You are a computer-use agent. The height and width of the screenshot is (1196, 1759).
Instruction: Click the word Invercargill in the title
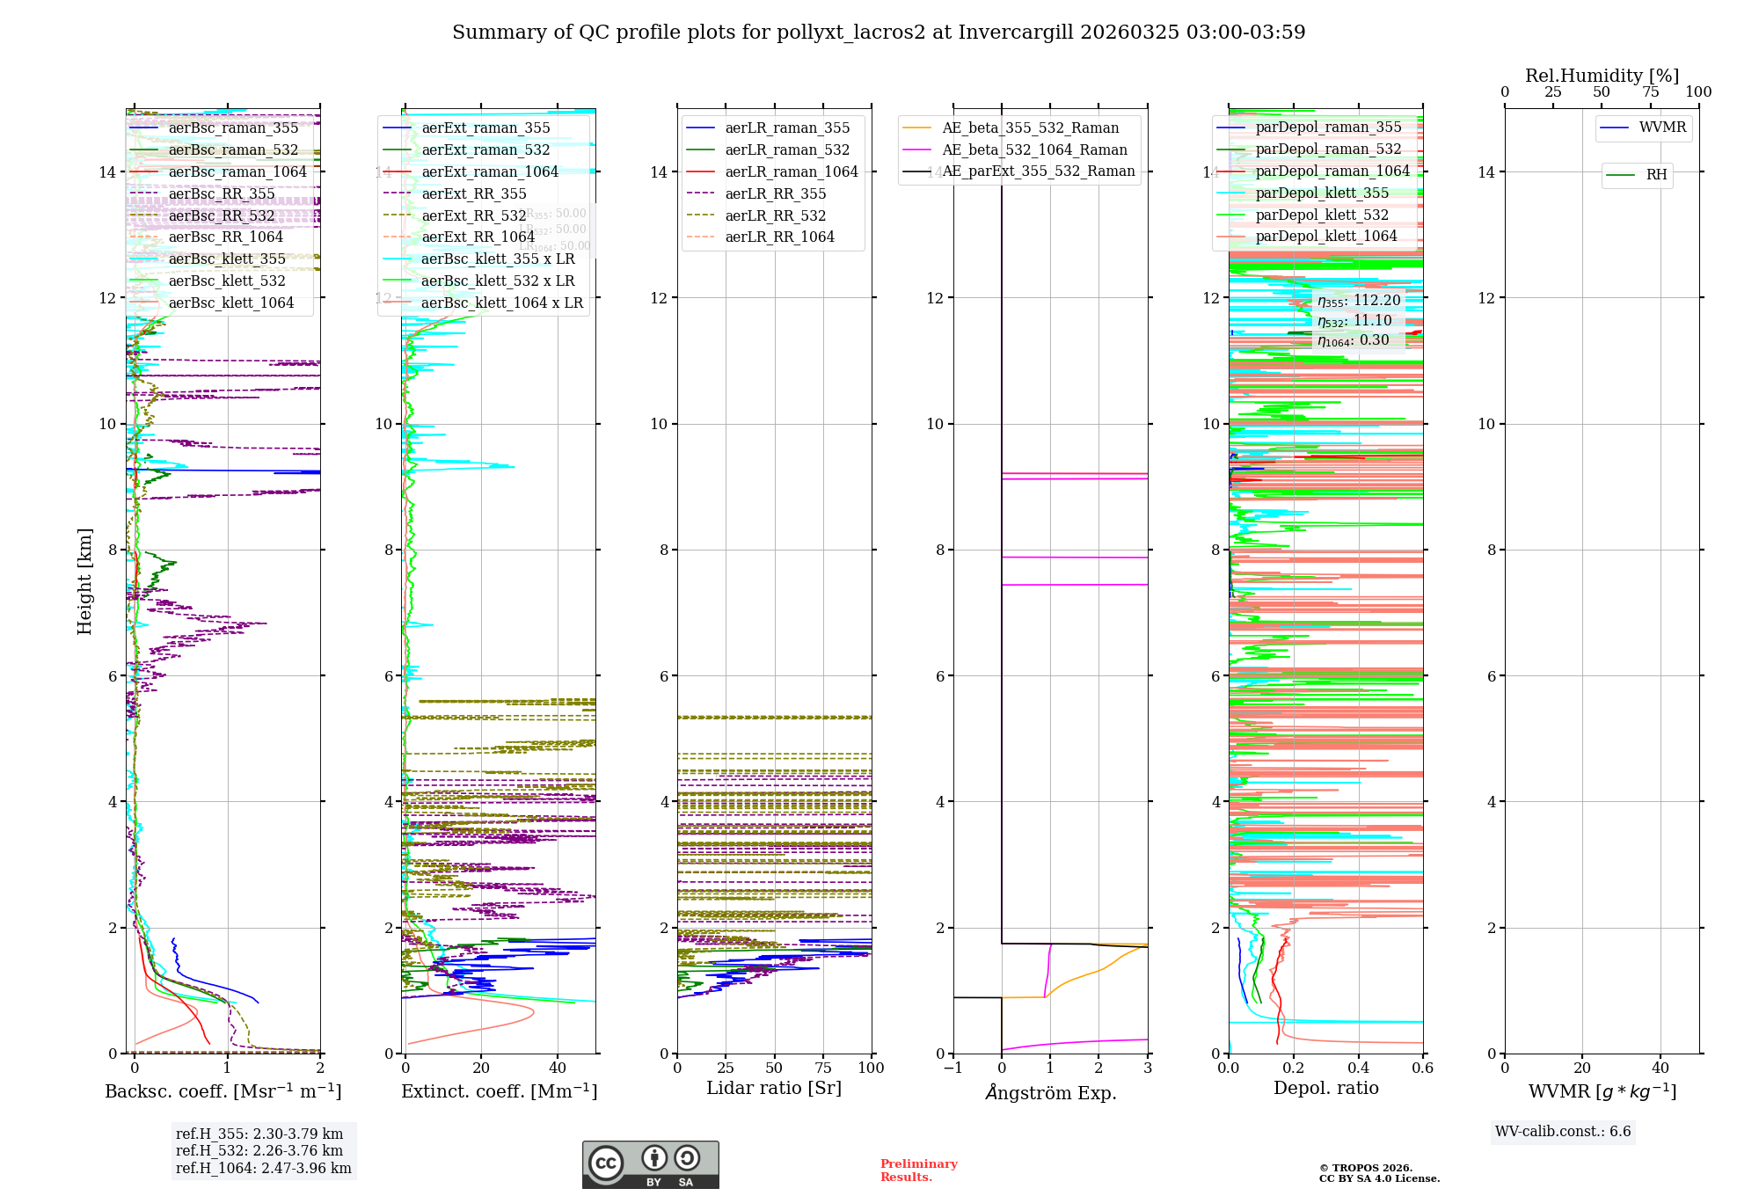coord(1016,33)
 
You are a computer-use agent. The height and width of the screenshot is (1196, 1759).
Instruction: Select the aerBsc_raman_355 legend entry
coord(233,128)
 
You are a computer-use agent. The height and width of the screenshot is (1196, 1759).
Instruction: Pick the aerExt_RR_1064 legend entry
coord(478,237)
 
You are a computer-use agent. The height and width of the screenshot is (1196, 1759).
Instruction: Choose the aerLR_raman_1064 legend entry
coord(791,171)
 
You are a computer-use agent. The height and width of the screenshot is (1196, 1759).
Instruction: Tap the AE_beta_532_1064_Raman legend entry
coord(1034,149)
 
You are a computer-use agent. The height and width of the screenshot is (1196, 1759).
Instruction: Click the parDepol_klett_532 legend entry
coord(1322,215)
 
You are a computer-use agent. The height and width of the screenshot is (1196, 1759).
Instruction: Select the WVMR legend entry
coord(1662,128)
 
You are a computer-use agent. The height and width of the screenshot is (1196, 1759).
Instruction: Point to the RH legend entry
coord(1656,174)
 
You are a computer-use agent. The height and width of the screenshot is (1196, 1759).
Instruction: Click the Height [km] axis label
coord(84,581)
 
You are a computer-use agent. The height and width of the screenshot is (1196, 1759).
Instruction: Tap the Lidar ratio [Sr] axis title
coord(774,1088)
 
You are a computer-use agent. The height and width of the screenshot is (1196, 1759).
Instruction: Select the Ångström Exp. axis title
coord(1050,1092)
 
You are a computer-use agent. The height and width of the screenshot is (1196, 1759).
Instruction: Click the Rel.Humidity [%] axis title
coord(1602,76)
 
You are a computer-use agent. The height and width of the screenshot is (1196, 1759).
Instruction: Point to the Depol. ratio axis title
coord(1325,1088)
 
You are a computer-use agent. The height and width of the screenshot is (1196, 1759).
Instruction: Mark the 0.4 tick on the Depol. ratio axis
coord(1359,1068)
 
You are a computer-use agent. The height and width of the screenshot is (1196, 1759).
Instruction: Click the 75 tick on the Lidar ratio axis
coord(823,1068)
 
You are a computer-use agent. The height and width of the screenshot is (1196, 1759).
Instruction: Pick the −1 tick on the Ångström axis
coord(952,1068)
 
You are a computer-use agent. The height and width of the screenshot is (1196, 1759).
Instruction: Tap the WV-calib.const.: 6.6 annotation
coord(1563,1131)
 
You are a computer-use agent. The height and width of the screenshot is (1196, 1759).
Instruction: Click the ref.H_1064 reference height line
coord(263,1168)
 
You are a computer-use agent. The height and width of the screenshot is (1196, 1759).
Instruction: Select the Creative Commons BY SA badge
coord(650,1164)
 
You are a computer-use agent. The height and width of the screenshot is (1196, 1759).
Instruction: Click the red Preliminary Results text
coord(918,1170)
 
